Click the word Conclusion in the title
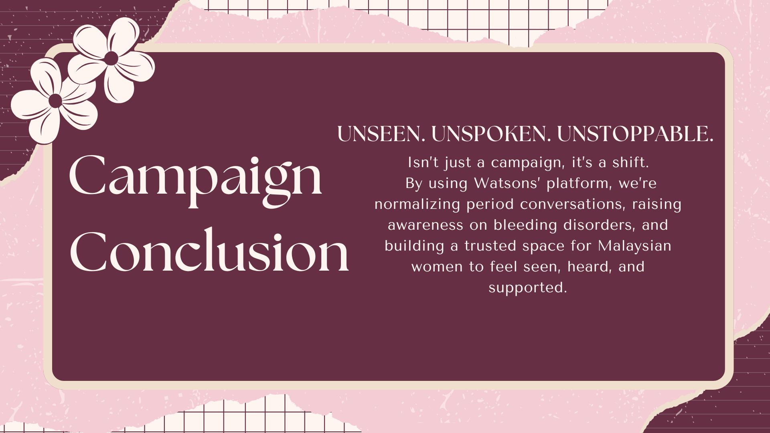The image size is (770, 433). pyautogui.click(x=209, y=251)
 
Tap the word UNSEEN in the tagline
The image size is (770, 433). pyautogui.click(x=381, y=134)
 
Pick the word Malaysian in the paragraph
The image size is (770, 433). pyautogui.click(x=634, y=246)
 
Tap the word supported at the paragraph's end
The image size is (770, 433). pyautogui.click(x=527, y=288)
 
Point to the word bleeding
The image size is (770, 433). pyautogui.click(x=525, y=225)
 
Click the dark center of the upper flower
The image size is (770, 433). pyautogui.click(x=111, y=58)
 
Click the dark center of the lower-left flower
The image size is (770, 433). pyautogui.click(x=55, y=100)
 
